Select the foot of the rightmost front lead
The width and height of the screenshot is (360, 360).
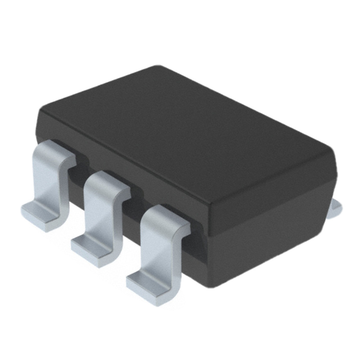point(146,284)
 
